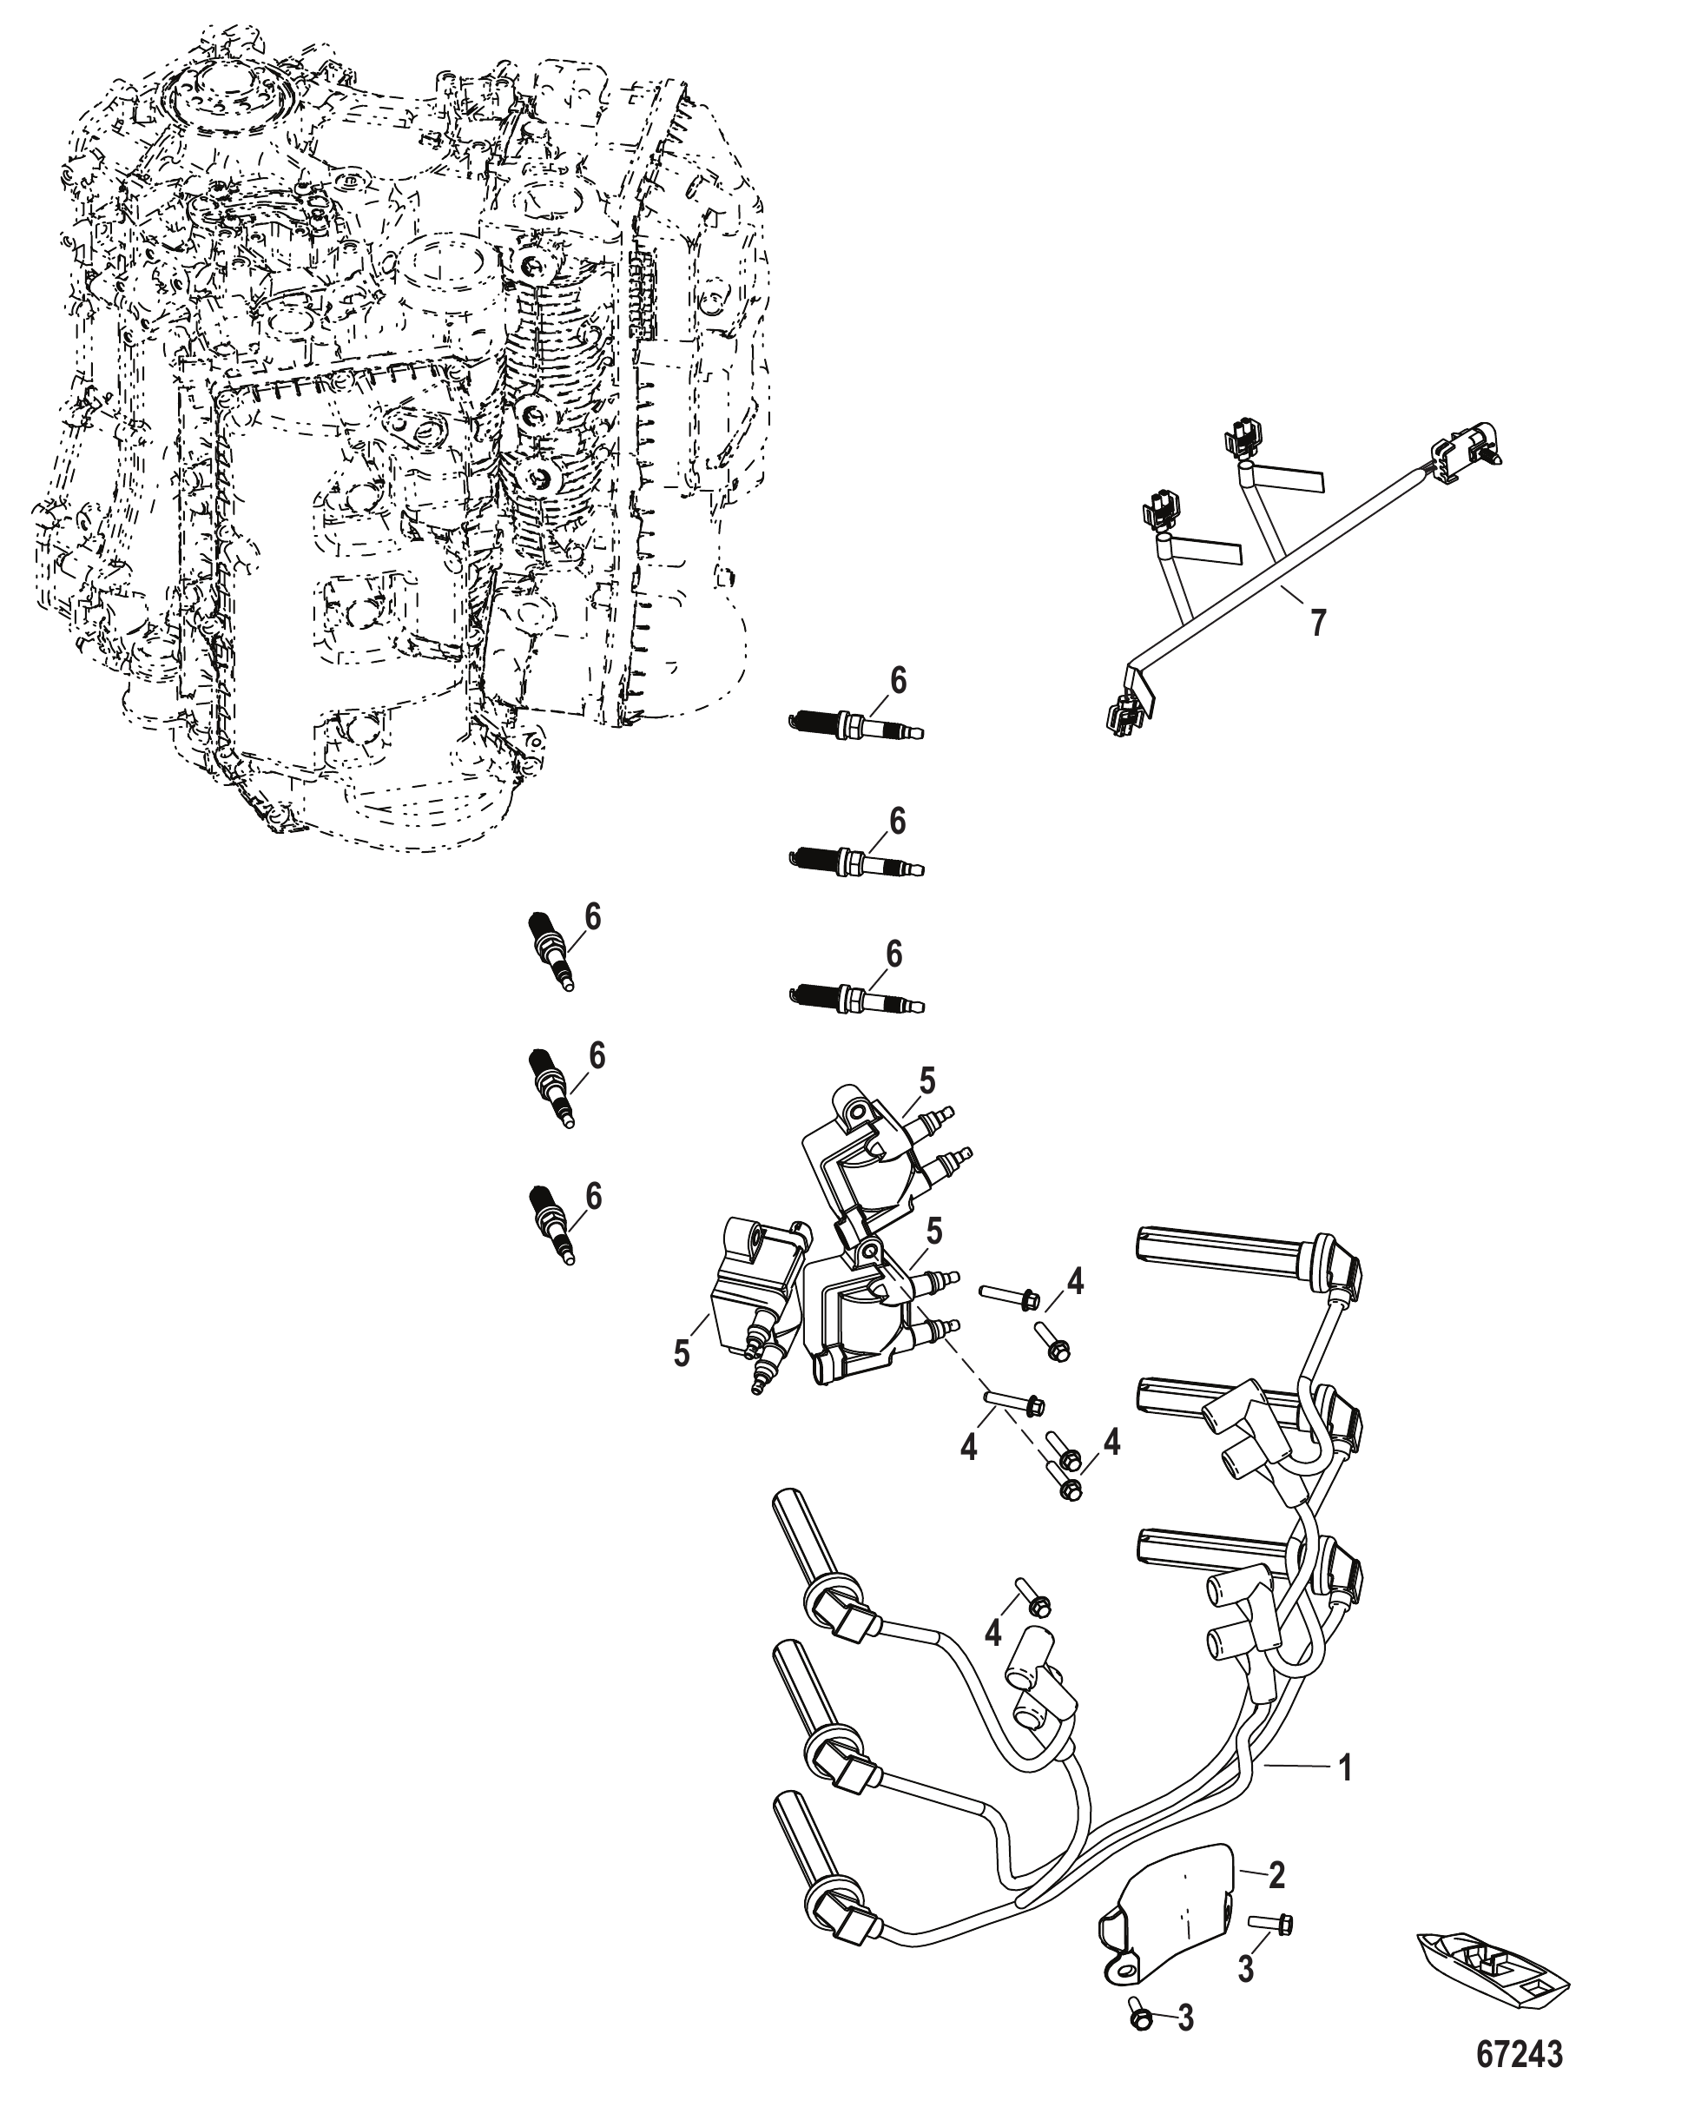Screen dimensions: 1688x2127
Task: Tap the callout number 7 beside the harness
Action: click(x=1317, y=623)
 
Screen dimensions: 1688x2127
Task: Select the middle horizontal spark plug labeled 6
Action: click(x=856, y=862)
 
